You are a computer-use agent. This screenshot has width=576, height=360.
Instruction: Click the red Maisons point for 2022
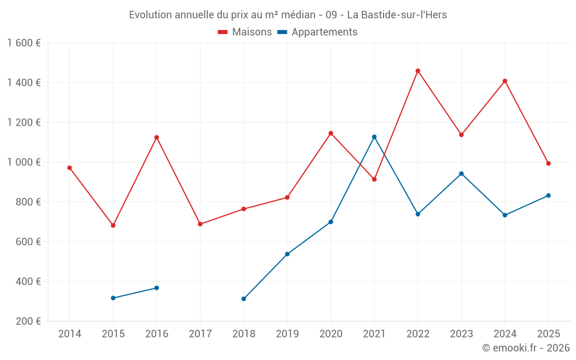[418, 71]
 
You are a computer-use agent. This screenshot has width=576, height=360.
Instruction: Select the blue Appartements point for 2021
[374, 137]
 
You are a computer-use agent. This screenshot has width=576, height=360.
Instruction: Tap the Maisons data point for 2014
[70, 168]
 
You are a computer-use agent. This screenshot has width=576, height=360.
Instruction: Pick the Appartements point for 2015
[113, 298]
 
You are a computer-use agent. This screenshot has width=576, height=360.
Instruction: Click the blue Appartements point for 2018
[244, 299]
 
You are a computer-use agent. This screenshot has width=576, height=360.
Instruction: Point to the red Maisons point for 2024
[505, 81]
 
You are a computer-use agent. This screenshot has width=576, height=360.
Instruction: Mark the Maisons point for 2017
[200, 224]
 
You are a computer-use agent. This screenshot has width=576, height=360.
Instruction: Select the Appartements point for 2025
[548, 195]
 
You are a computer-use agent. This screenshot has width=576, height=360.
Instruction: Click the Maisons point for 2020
[331, 133]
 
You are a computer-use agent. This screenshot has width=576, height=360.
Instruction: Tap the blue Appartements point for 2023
[461, 173]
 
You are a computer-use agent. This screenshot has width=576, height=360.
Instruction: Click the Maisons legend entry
[245, 32]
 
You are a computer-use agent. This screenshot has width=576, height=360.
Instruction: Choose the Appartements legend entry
[317, 32]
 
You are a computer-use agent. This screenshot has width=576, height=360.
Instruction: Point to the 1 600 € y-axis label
[24, 43]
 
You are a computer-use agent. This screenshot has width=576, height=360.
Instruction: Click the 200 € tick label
[27, 321]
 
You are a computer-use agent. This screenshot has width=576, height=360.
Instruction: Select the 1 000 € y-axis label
[24, 162]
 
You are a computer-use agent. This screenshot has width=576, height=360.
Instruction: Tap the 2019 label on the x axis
[287, 334]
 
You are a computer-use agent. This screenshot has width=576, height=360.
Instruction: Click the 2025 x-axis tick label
[548, 334]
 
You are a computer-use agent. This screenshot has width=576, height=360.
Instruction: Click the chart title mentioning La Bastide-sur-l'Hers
[288, 15]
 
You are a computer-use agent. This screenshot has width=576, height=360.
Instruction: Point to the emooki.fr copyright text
[525, 348]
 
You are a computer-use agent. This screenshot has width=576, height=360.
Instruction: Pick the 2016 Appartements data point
[157, 288]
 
